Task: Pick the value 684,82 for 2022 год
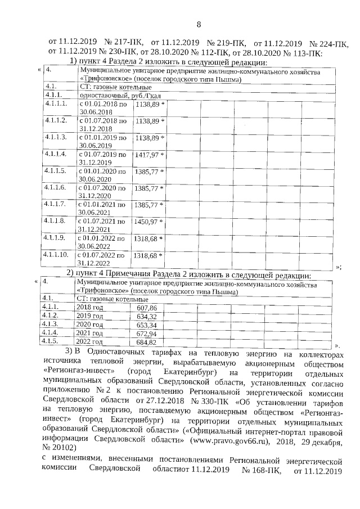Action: coord(146,341)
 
